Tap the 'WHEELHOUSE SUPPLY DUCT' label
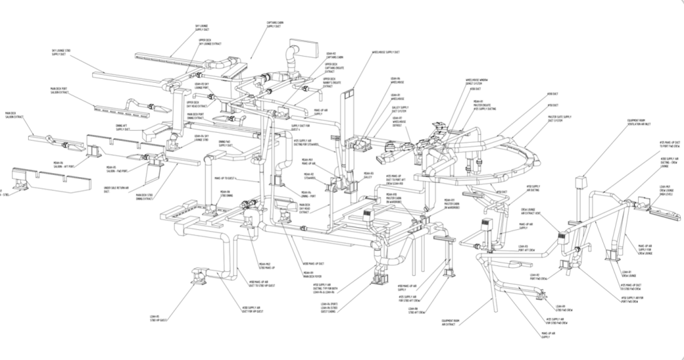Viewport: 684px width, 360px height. [x=385, y=51]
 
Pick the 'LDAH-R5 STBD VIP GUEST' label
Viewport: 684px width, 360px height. [x=160, y=319]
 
